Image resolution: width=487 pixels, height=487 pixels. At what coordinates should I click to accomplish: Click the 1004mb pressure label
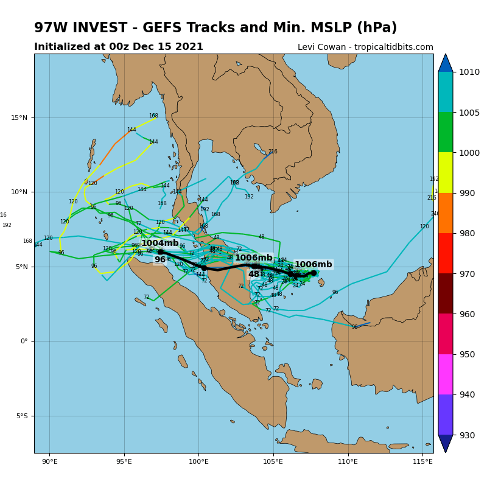[x=160, y=243]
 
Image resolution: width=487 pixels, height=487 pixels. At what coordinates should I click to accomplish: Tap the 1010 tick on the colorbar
[x=469, y=72]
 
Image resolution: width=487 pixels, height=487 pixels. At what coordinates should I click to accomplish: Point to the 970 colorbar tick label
[x=469, y=274]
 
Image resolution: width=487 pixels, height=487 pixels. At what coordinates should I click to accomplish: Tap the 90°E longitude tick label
[x=49, y=461]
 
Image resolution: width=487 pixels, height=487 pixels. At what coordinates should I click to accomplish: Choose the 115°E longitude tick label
[x=423, y=461]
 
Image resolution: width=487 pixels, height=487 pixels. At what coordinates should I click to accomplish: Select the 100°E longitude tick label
[x=198, y=461]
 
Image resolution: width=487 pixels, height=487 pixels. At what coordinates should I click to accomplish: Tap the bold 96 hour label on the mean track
[x=160, y=260]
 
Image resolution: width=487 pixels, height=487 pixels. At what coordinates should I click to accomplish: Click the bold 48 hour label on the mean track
[x=253, y=275]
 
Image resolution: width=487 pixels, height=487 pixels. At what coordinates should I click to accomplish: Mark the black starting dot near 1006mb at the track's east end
[x=314, y=273]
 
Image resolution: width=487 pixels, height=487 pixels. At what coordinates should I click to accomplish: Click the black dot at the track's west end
[x=160, y=252]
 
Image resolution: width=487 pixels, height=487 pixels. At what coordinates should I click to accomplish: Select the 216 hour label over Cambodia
[x=273, y=152]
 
